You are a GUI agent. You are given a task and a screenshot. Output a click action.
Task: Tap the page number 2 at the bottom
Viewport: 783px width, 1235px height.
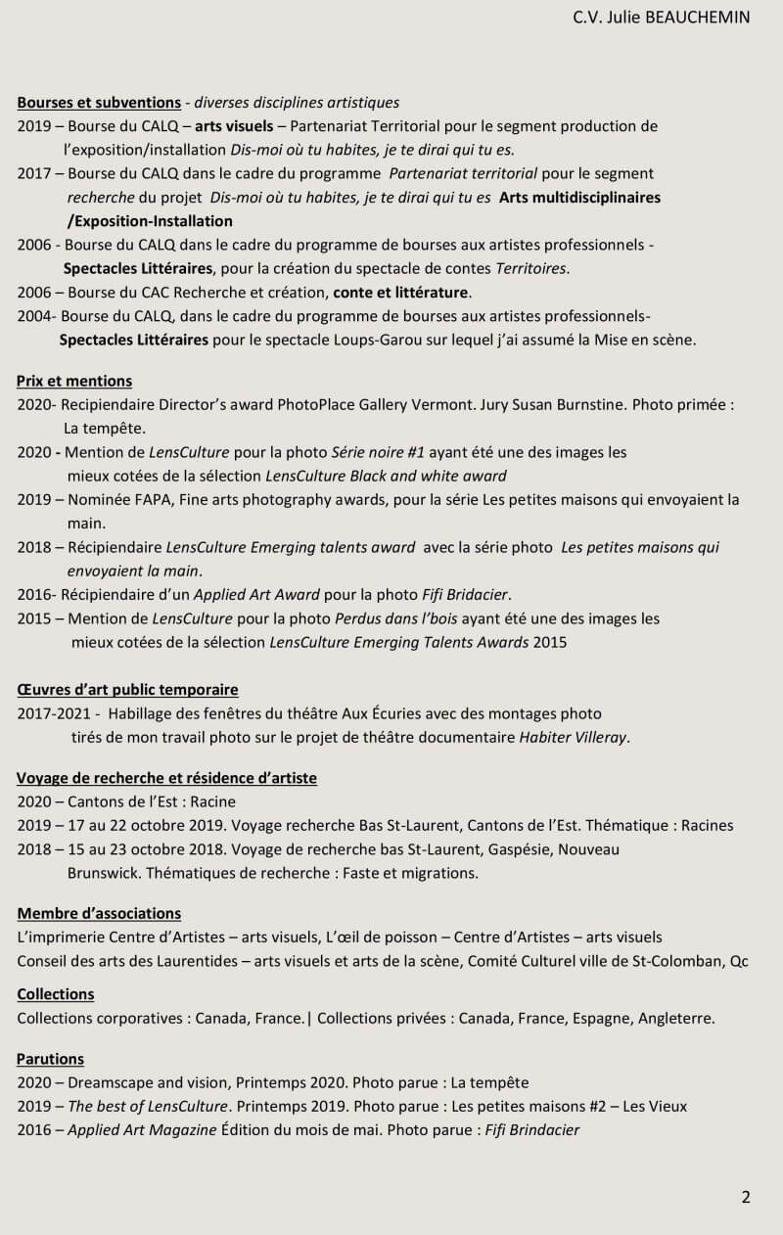click(746, 1197)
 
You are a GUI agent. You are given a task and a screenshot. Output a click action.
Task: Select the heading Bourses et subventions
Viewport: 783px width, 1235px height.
click(99, 102)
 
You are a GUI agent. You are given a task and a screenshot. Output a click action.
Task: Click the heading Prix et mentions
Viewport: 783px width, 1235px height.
click(74, 381)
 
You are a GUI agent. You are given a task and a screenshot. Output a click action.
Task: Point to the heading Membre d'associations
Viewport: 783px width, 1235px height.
click(99, 913)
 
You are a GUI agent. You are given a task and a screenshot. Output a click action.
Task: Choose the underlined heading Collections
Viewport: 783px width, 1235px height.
click(56, 993)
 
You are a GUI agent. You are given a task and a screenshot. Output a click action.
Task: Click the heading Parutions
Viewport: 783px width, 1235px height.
click(51, 1058)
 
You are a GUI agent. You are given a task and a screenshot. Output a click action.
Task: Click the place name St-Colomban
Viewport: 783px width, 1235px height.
click(676, 960)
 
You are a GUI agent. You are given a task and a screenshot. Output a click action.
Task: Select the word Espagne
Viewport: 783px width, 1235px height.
click(598, 1018)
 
